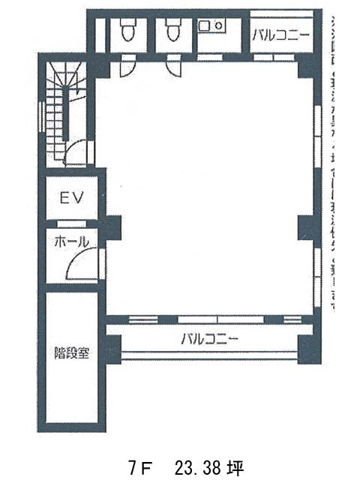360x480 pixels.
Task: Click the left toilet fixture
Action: point(124,31)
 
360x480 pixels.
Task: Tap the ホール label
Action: point(71,241)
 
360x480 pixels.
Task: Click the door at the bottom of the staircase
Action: point(76,154)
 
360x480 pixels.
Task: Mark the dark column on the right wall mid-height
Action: point(304,223)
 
